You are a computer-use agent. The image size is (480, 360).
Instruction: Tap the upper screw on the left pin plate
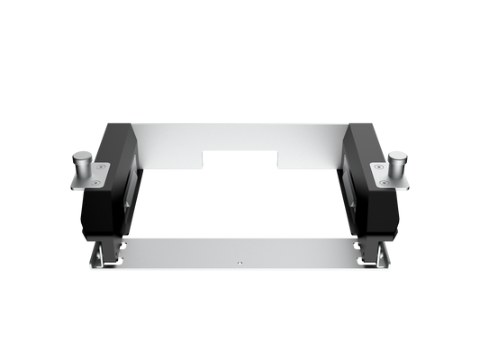pyautogui.click(x=100, y=166)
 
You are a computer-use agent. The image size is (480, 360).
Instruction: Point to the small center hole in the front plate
pyautogui.click(x=240, y=263)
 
